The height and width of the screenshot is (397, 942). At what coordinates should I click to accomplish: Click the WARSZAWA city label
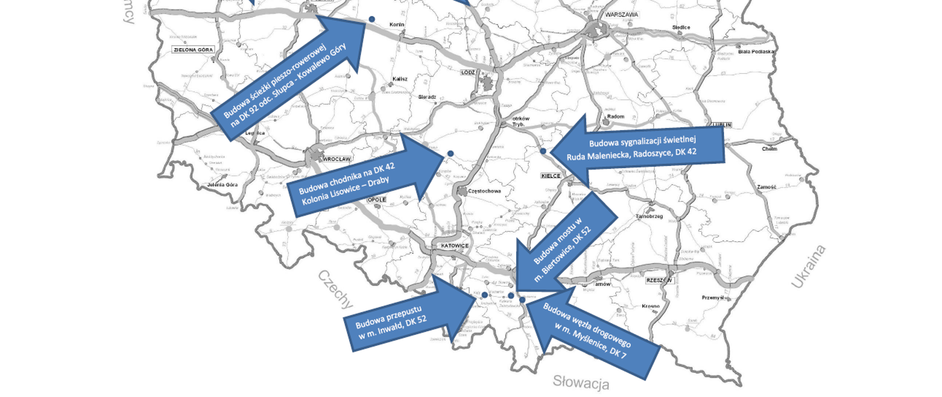pyautogui.click(x=621, y=15)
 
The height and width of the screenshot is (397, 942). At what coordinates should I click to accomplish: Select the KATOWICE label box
pyautogui.click(x=454, y=246)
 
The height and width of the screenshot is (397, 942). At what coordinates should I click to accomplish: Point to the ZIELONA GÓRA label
pyautogui.click(x=193, y=50)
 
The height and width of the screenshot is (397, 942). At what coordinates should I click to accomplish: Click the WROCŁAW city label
pyautogui.click(x=337, y=159)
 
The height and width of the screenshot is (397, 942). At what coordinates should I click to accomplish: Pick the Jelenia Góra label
pyautogui.click(x=222, y=185)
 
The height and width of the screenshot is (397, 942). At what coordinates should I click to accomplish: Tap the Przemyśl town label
pyautogui.click(x=712, y=298)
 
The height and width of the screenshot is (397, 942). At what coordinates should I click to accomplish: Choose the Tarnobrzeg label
pyautogui.click(x=649, y=216)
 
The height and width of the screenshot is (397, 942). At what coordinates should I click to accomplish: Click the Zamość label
pyautogui.click(x=766, y=187)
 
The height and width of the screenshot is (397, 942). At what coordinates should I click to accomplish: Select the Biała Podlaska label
pyautogui.click(x=756, y=51)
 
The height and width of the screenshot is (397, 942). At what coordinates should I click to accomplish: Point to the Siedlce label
pyautogui.click(x=681, y=27)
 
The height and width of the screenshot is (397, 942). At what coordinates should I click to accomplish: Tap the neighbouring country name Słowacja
pyautogui.click(x=581, y=382)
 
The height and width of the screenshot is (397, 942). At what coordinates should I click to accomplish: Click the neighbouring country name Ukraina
pyautogui.click(x=808, y=267)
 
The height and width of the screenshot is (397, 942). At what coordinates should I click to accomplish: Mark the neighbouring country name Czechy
pyautogui.click(x=336, y=289)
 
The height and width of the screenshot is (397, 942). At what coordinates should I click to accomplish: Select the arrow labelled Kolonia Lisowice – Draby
pyautogui.click(x=363, y=179)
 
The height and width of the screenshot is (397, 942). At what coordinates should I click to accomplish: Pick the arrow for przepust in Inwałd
pyautogui.click(x=407, y=316)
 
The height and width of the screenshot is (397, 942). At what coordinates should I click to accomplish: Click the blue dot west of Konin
pyautogui.click(x=372, y=19)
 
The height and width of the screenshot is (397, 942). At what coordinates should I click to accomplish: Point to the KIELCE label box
pyautogui.click(x=550, y=175)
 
